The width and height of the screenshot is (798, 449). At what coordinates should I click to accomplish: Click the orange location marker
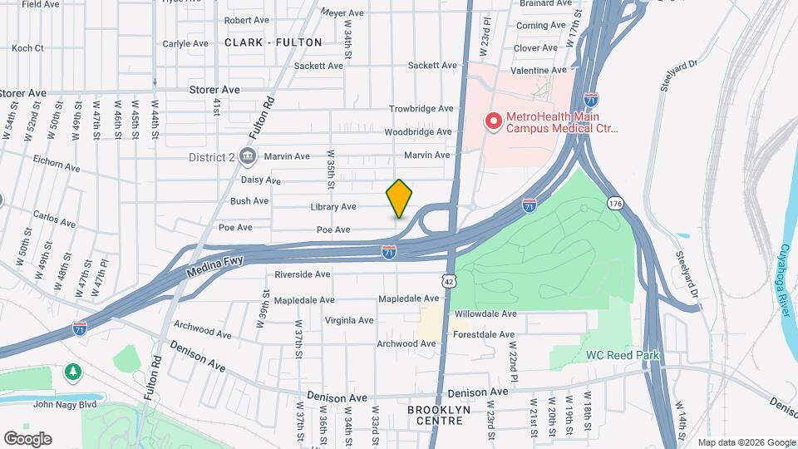[x=399, y=198]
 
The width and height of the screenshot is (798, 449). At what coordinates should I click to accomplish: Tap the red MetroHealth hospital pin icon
[x=492, y=122]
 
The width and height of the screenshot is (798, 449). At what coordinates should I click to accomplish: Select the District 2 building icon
[x=246, y=156]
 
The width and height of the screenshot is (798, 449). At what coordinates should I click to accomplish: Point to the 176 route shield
[x=615, y=204]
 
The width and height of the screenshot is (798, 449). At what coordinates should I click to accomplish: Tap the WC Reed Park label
[x=622, y=355]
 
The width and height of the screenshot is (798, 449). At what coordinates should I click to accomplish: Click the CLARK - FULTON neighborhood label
[x=261, y=42]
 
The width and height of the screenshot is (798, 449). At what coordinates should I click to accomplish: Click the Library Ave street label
[x=332, y=207]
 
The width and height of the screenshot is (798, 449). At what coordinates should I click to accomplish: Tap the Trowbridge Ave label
[x=422, y=109]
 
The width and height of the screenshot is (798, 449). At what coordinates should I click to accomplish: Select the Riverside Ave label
[x=303, y=274]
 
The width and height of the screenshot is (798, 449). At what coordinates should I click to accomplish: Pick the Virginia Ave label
[x=349, y=320]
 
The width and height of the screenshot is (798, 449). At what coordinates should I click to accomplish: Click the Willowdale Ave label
[x=485, y=314]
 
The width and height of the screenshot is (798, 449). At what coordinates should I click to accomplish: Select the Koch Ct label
[x=27, y=48]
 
